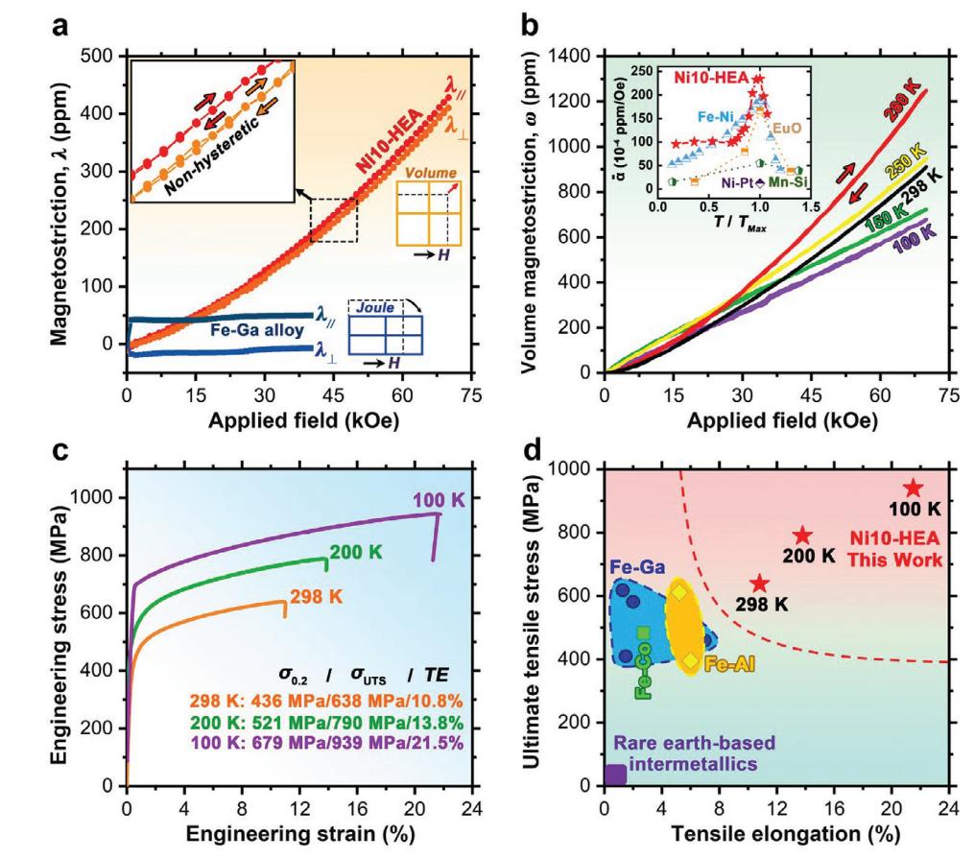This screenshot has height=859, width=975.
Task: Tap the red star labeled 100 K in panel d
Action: click(913, 489)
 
